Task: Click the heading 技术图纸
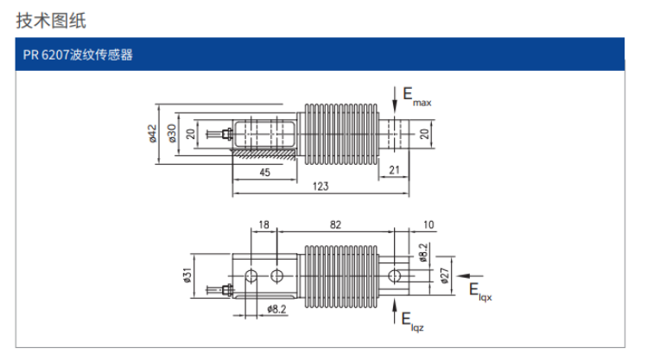pyautogui.click(x=51, y=19)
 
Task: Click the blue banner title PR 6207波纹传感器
pyautogui.click(x=79, y=56)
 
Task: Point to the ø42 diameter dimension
pyautogui.click(x=152, y=133)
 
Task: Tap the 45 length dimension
pyautogui.click(x=264, y=173)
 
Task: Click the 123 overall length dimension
pyautogui.click(x=320, y=187)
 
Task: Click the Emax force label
pyautogui.click(x=419, y=98)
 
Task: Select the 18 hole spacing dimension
pyautogui.click(x=264, y=225)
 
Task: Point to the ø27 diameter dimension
pyautogui.click(x=445, y=275)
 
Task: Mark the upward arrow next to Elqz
pyautogui.click(x=396, y=311)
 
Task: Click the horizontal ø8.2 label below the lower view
pyautogui.click(x=277, y=308)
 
